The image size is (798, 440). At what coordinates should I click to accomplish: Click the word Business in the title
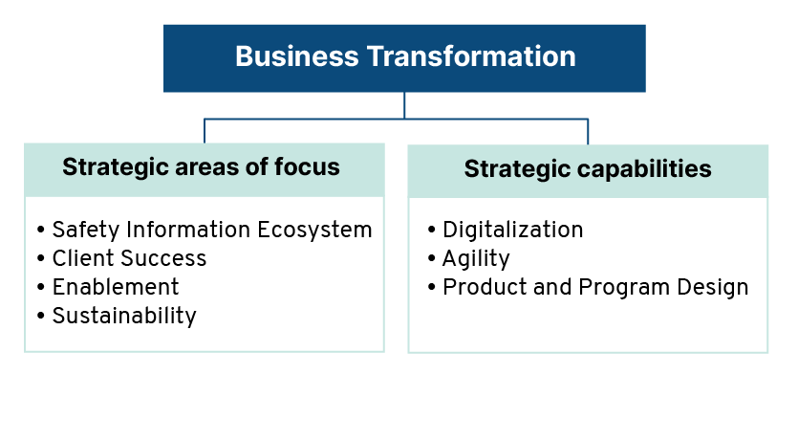(296, 56)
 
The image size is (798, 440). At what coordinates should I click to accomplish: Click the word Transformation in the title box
(471, 56)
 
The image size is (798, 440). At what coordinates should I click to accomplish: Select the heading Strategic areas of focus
(201, 167)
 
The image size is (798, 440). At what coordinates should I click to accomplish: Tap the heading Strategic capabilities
(588, 169)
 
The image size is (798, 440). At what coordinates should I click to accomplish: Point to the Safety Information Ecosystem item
(212, 231)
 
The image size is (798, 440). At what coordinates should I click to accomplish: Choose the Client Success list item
(129, 258)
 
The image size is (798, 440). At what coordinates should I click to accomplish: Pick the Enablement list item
(116, 287)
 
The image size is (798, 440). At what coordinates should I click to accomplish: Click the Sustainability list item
(124, 317)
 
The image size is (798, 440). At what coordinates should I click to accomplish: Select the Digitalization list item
(513, 231)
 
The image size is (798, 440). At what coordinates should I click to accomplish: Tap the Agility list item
(476, 259)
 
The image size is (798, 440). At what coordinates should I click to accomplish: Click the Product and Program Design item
(595, 288)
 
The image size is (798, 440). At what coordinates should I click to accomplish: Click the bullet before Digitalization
(432, 231)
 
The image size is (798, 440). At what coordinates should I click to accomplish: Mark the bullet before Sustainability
(41, 316)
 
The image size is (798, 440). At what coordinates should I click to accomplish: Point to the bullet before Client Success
(41, 258)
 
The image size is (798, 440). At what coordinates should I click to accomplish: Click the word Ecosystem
(314, 231)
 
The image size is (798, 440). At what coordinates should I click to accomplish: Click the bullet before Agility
(432, 258)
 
